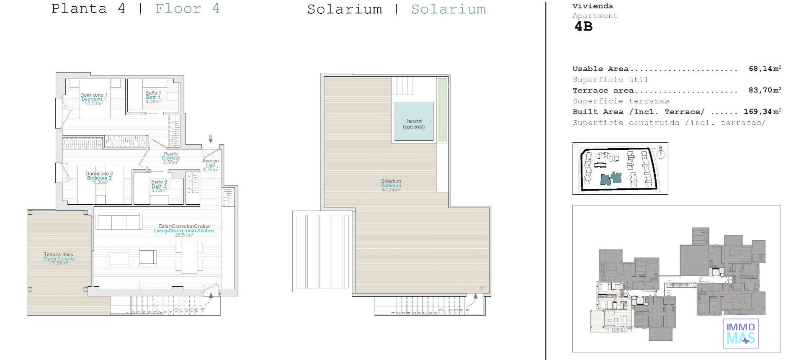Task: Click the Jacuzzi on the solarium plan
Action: [414, 121]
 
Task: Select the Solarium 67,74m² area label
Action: [391, 185]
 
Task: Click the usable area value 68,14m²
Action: [765, 69]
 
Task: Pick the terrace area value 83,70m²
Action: [765, 90]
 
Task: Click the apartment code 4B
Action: [583, 27]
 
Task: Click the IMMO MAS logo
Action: [740, 333]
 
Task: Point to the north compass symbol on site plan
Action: [661, 154]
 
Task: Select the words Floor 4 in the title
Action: [187, 9]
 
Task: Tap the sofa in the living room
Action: [119, 221]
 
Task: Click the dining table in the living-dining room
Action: [189, 257]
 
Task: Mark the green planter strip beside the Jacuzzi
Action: [442, 110]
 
